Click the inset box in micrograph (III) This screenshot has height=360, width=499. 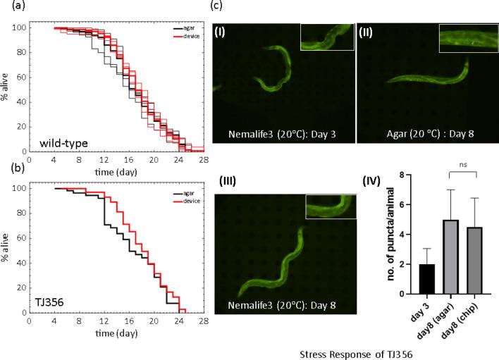tap(330, 207)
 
